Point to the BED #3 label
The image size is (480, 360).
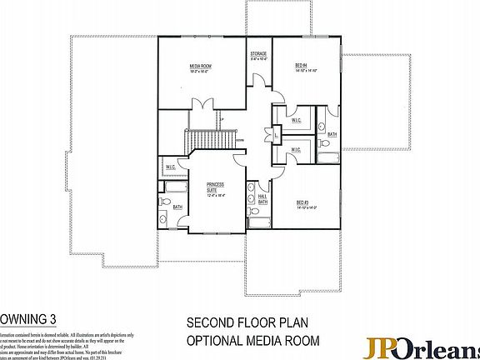point(302,202)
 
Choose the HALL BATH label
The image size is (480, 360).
point(262,199)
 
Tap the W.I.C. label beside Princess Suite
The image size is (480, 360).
point(170,167)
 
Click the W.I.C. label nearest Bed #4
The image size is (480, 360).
point(296,120)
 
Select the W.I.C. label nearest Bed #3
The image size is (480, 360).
point(296,149)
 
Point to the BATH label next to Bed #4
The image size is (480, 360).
point(331,134)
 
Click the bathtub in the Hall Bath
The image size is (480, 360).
point(258,221)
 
